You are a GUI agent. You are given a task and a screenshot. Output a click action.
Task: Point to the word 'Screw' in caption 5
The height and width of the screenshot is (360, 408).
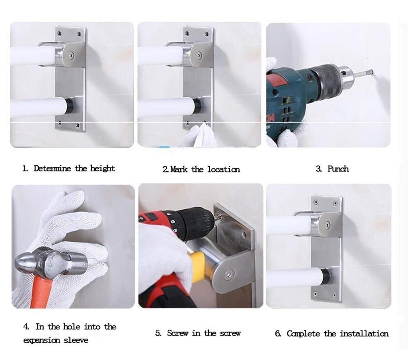coord(178,333)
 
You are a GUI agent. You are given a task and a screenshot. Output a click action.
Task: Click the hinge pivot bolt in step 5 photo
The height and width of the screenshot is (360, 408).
coord(228,275)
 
